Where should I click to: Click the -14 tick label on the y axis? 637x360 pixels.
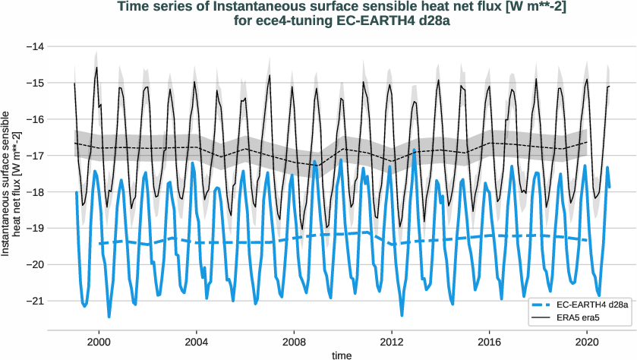coord(34,46)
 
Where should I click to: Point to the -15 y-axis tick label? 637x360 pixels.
coord(34,83)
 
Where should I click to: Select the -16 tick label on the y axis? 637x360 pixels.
coord(34,119)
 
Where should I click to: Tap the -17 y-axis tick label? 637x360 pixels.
coord(34,156)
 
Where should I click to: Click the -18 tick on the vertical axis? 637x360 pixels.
coord(34,192)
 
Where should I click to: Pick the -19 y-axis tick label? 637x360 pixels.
coord(34,228)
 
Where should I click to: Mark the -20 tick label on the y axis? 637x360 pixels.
coord(34,264)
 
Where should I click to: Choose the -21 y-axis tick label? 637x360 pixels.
coord(34,301)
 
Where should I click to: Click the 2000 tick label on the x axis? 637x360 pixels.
coord(99,342)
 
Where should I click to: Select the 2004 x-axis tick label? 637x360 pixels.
coord(197,342)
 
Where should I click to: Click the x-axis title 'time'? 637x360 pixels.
coord(341,355)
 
